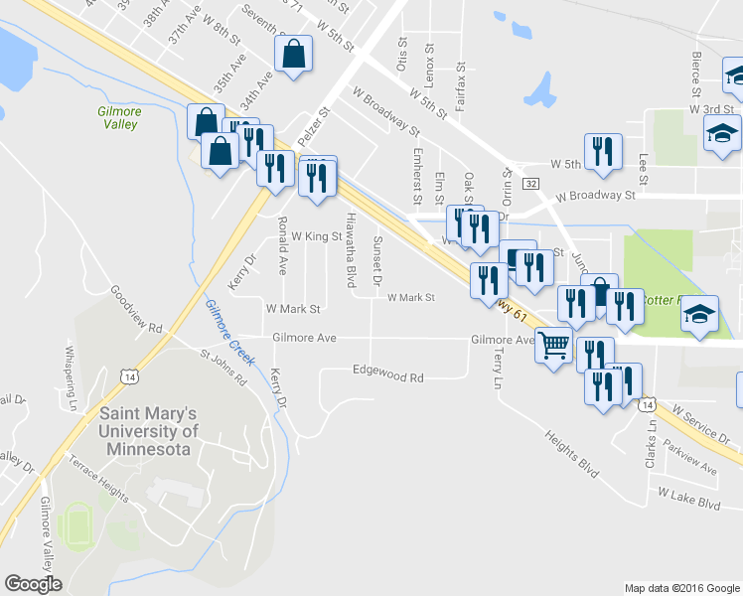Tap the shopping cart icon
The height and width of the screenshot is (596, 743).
(x=554, y=347)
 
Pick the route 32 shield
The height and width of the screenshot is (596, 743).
(x=531, y=184)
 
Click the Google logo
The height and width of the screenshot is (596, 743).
(x=33, y=584)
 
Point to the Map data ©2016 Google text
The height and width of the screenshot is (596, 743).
(x=681, y=588)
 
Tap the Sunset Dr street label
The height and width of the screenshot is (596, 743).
(x=376, y=261)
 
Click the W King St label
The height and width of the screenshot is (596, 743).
(x=316, y=236)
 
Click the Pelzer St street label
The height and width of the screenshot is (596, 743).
(x=313, y=128)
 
